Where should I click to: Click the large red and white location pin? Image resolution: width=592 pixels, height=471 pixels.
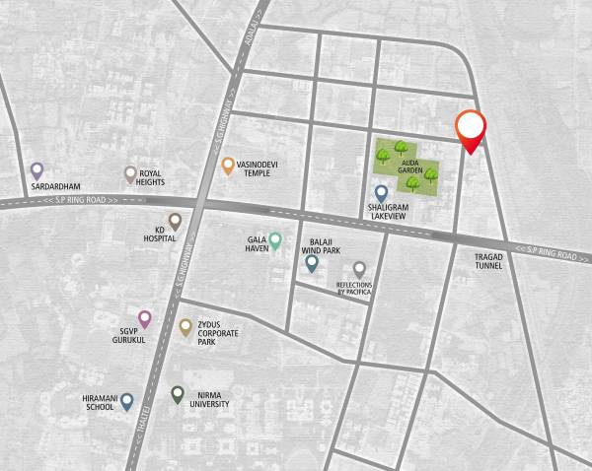472,130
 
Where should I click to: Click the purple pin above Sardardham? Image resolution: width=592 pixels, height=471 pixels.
37,170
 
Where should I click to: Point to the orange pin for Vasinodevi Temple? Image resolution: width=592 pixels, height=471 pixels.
228,166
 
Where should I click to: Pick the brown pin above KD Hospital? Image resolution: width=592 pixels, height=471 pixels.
175,222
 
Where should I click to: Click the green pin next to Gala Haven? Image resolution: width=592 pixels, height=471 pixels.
276,239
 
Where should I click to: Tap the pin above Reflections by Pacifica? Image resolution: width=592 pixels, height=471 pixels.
359,269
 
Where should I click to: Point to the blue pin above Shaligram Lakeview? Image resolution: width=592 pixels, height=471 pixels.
381,192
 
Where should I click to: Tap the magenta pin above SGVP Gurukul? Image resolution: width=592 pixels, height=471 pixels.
145,318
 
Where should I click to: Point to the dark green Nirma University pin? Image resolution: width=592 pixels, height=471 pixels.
177,394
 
